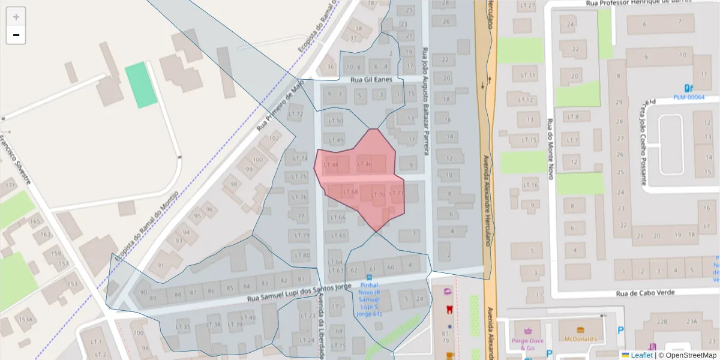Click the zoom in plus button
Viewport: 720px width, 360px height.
coord(16,17)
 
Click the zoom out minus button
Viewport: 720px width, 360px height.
coord(16,35)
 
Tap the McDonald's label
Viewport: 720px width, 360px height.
coord(580,339)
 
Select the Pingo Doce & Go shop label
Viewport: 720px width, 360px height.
coord(528,344)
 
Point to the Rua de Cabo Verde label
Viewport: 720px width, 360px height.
coord(645,293)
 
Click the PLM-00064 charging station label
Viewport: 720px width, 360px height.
coord(688,97)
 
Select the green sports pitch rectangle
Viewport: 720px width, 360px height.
coord(141,85)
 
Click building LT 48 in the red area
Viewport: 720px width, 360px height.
coord(331,165)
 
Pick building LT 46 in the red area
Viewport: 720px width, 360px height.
coord(364,164)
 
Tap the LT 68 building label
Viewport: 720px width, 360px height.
coord(350,192)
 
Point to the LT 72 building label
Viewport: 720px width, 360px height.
coord(296,114)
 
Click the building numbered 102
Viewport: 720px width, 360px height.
coord(274,138)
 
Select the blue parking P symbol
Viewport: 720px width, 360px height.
coord(621,329)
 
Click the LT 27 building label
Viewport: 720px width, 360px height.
coord(528,5)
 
